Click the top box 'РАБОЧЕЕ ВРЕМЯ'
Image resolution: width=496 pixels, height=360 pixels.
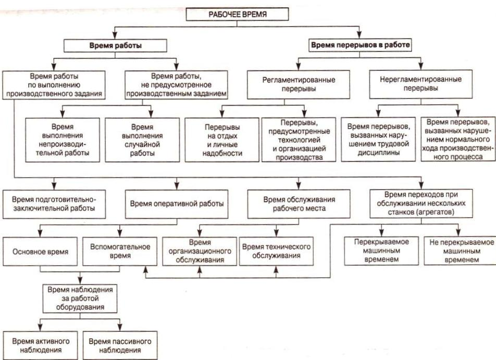coord(237,14)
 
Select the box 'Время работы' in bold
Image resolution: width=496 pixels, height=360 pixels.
coord(115,45)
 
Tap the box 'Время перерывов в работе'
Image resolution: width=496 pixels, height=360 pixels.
coord(360,45)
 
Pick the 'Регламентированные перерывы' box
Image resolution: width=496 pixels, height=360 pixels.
coord(299,84)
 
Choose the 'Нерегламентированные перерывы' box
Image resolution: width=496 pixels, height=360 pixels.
coord(421,84)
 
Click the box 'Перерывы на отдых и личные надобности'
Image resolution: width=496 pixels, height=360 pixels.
coord(222,140)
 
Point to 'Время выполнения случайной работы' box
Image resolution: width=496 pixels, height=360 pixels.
coord(142,140)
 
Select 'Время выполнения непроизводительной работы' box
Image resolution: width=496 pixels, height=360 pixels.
coord(63,140)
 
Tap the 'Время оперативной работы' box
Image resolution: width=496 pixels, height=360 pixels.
coord(177,204)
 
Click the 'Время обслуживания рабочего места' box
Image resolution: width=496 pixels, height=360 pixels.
coord(299,204)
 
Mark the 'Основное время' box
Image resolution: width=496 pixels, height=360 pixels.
coord(40,252)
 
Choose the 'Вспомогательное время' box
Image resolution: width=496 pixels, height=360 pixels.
coord(120,252)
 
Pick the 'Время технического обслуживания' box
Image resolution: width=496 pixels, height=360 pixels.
coord(276,251)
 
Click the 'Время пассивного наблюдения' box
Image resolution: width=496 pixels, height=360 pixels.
coord(120,345)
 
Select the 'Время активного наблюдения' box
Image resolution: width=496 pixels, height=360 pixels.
coord(40,345)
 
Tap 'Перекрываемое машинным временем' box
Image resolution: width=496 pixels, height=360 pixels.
coord(381,251)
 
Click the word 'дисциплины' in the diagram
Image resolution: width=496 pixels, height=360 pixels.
coord(378,153)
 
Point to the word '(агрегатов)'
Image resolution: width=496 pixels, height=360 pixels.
coord(437,212)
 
